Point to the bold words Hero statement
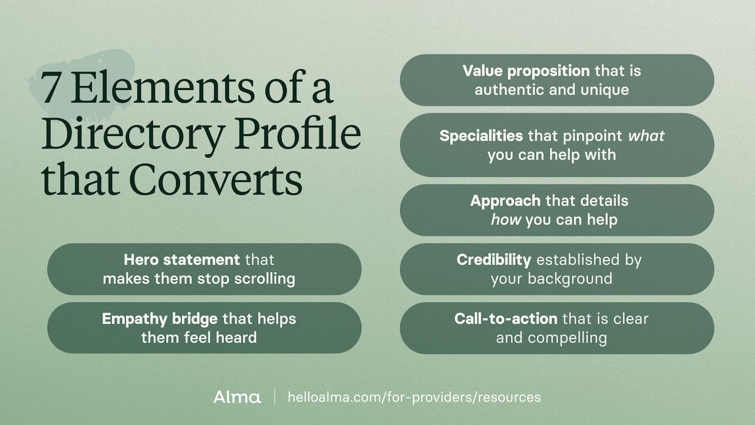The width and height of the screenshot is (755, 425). click(182, 260)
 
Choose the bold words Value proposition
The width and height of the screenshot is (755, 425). click(526, 71)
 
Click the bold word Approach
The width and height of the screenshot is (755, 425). click(505, 201)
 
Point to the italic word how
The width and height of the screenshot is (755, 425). click(506, 219)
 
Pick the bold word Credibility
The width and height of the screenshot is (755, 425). click(494, 260)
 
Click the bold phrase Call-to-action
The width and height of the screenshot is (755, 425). click(506, 319)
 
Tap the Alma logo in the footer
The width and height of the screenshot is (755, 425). click(237, 397)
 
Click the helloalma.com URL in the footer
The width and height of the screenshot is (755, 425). click(414, 397)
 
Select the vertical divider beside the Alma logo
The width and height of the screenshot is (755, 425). click(274, 397)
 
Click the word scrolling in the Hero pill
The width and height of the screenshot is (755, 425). click(264, 278)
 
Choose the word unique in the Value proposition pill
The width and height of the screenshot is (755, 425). click(605, 89)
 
